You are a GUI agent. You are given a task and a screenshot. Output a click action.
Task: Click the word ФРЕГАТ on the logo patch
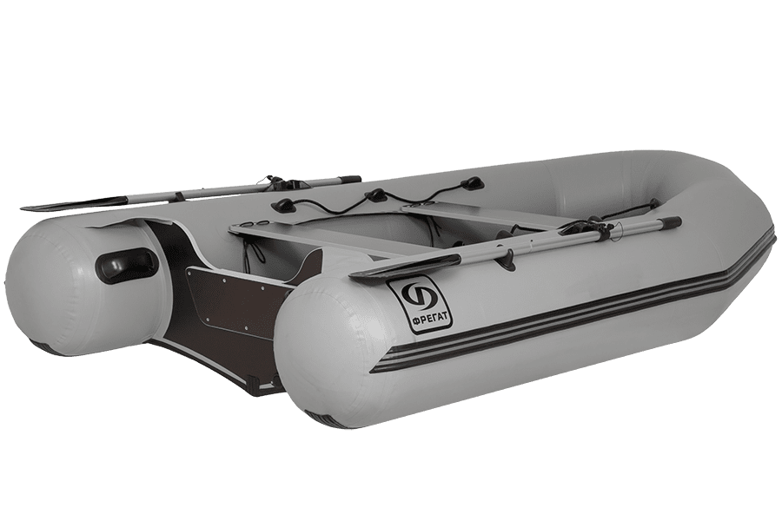point(419,315)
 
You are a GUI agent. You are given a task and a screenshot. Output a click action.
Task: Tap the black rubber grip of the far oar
point(348,179)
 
